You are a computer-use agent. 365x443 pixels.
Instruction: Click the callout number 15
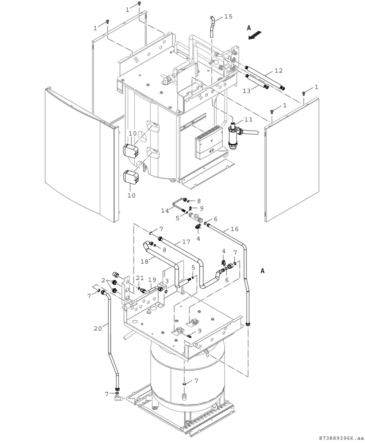pyautogui.click(x=228, y=16)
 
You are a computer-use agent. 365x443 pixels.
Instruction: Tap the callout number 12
pyautogui.click(x=278, y=71)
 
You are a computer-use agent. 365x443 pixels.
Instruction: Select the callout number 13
pyautogui.click(x=247, y=91)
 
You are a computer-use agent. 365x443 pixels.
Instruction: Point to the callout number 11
pyautogui.click(x=248, y=119)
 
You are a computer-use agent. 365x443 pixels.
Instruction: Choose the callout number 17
pyautogui.click(x=186, y=242)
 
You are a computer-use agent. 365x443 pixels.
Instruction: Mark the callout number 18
pyautogui.click(x=145, y=261)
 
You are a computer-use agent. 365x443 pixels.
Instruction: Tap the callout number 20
pyautogui.click(x=98, y=329)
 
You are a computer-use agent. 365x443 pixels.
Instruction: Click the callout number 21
pyautogui.click(x=139, y=278)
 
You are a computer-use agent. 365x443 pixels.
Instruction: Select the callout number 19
pyautogui.click(x=152, y=280)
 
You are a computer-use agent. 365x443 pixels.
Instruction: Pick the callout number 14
pyautogui.click(x=165, y=210)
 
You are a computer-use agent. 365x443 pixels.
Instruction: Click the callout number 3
pyautogui.click(x=167, y=281)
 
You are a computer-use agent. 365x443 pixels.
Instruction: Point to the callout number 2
pyautogui.click(x=103, y=280)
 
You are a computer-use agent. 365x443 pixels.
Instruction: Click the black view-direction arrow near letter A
pyautogui.click(x=255, y=35)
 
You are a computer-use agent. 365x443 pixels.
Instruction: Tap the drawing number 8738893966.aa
pyautogui.click(x=341, y=438)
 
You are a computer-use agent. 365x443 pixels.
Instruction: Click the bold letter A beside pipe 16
pyautogui.click(x=262, y=271)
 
